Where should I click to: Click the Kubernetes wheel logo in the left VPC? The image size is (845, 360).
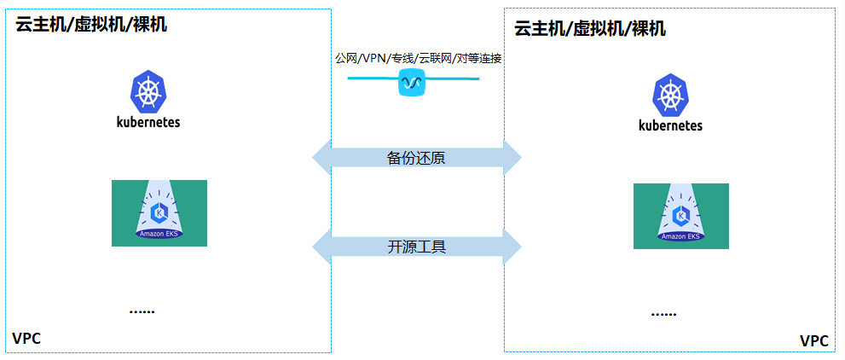(x=148, y=92)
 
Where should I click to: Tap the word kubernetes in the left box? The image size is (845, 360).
(x=148, y=122)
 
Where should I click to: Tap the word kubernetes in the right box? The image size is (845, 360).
(x=670, y=125)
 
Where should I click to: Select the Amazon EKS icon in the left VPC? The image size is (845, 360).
(x=159, y=213)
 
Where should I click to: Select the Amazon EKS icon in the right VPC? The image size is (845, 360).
(x=680, y=216)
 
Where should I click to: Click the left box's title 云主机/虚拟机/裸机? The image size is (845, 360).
(x=91, y=24)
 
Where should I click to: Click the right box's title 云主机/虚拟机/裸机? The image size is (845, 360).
(x=590, y=28)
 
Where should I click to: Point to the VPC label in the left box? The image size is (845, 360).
(x=26, y=339)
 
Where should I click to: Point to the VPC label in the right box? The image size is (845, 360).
(x=813, y=341)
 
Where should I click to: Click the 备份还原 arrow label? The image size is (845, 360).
(x=415, y=158)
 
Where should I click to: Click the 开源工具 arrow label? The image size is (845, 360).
(x=417, y=247)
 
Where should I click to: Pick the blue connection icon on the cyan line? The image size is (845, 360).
(x=413, y=83)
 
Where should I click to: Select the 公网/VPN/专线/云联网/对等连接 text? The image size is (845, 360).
(x=418, y=59)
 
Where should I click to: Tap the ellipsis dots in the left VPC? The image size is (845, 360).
(x=142, y=311)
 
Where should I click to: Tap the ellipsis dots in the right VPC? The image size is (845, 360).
(x=663, y=314)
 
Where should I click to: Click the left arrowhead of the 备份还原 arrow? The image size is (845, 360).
(x=322, y=158)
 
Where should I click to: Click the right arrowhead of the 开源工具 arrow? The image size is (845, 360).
(x=512, y=247)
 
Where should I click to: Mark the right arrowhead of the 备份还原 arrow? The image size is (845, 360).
(x=512, y=158)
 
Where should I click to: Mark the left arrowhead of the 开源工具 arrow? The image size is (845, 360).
(x=322, y=247)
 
